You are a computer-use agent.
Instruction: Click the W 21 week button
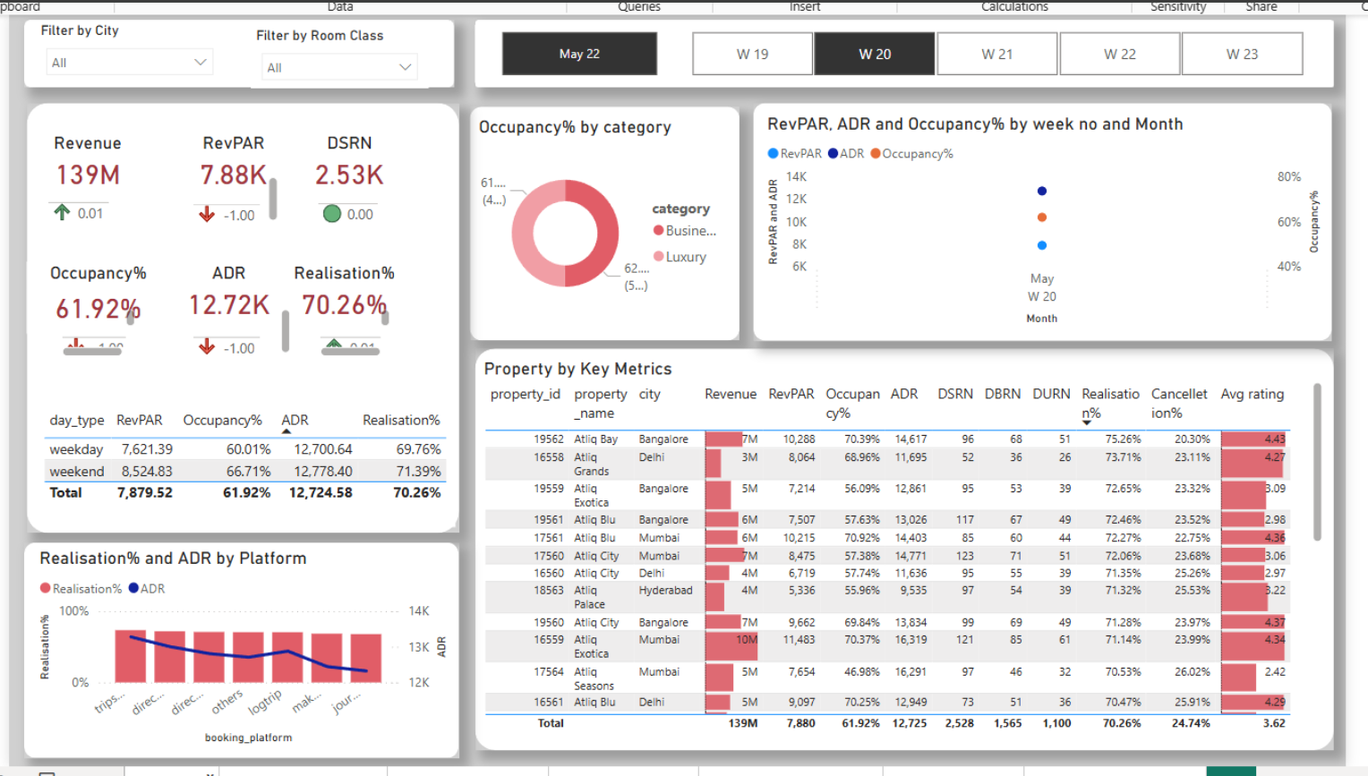(996, 54)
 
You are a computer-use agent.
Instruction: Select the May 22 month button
(579, 54)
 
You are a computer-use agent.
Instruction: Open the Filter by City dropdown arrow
(201, 62)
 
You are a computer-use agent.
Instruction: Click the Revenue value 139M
(88, 175)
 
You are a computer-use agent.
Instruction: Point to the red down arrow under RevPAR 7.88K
(207, 214)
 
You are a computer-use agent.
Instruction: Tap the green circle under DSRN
(332, 214)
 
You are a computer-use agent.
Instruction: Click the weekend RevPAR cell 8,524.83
(147, 471)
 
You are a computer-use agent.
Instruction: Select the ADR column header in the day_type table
(295, 420)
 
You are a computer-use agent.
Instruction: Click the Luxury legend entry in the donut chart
(685, 257)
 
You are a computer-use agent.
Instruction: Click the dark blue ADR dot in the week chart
(1041, 191)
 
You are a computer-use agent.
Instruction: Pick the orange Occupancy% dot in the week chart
(1041, 217)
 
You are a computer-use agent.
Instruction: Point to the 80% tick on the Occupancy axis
(1288, 177)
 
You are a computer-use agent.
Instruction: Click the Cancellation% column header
(1178, 403)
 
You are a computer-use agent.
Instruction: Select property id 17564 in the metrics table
(548, 671)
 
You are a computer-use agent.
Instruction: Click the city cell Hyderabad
(665, 590)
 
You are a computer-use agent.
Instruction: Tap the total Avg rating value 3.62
(1273, 723)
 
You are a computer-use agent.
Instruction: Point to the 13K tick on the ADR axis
(419, 646)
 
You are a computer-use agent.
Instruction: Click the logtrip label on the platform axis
(265, 701)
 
